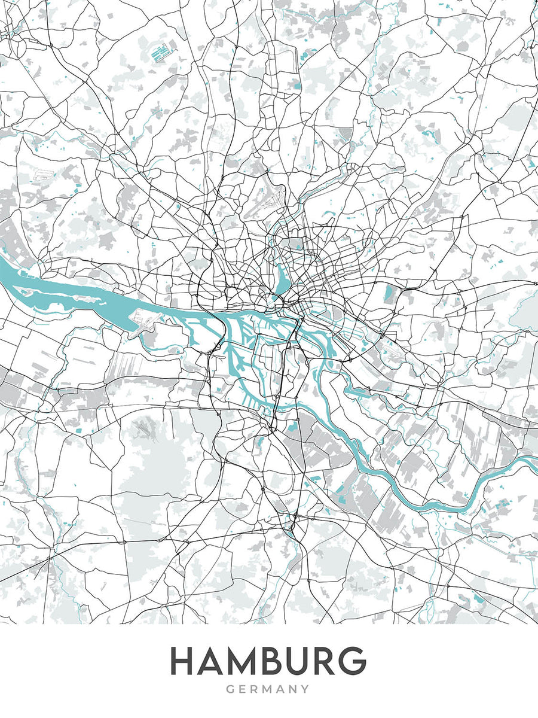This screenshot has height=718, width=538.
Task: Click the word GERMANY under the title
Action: pyautogui.click(x=268, y=689)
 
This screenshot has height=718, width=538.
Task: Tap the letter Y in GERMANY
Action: pyautogui.click(x=305, y=689)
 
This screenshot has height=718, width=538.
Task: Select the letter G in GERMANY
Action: pyautogui.click(x=231, y=689)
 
